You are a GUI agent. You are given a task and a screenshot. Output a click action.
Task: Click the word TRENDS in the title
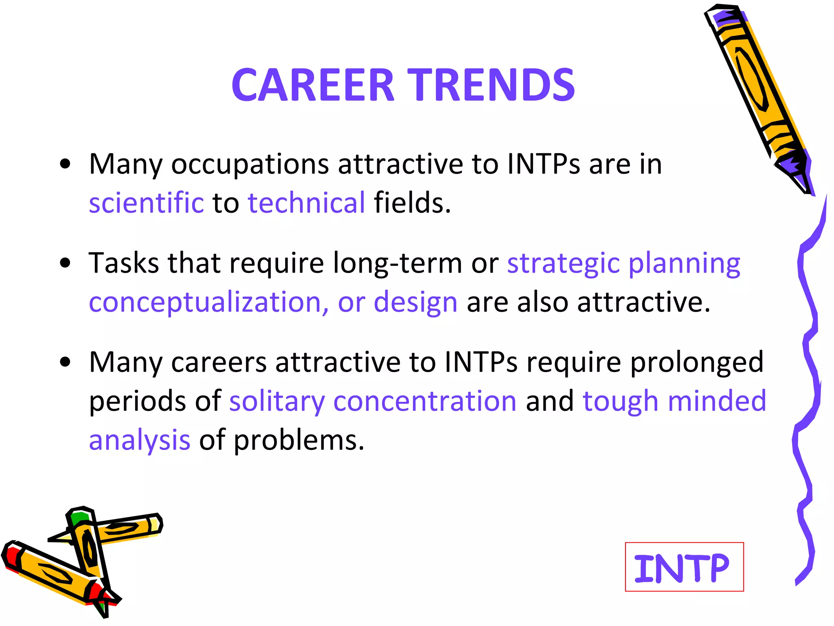tap(492, 85)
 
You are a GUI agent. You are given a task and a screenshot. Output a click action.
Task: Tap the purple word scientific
tap(146, 202)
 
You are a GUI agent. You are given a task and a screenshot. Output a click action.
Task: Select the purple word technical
tap(307, 202)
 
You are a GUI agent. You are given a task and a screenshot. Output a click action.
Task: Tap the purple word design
tap(416, 303)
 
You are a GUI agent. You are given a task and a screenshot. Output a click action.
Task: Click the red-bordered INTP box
tap(684, 566)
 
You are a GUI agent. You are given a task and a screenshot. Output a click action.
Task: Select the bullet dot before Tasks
tap(65, 263)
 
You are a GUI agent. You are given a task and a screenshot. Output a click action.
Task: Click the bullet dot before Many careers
tap(65, 362)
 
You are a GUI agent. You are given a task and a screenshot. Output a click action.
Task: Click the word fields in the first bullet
tap(413, 202)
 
